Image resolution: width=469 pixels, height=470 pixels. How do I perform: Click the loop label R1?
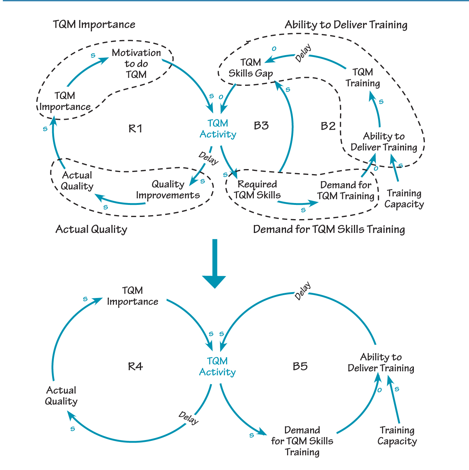[x=135, y=129]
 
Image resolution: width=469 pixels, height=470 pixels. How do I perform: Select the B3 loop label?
[x=261, y=126]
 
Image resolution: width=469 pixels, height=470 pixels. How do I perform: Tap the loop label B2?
[x=328, y=126]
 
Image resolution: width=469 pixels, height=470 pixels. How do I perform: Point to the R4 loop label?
[x=135, y=366]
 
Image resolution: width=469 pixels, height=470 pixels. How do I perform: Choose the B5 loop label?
[x=300, y=366]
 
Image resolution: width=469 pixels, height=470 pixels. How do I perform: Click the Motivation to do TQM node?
[x=136, y=64]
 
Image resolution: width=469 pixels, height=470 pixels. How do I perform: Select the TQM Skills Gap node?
[x=251, y=68]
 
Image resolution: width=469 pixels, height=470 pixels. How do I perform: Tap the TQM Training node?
[x=363, y=77]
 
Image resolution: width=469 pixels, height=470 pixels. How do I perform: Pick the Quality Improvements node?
[x=168, y=190]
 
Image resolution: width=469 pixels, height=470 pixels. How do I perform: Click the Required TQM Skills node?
[x=257, y=190]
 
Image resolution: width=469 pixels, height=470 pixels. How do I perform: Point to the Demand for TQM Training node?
[x=346, y=190]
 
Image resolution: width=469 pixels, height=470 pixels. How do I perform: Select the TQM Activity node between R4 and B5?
[x=217, y=366]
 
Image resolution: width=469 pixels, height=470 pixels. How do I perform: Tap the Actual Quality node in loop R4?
[x=61, y=396]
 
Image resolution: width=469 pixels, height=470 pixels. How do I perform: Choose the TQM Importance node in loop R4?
[x=132, y=296]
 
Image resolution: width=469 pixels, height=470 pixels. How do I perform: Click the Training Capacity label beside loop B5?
[x=397, y=436]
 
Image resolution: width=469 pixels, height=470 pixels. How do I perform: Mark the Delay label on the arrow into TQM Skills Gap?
[x=303, y=53]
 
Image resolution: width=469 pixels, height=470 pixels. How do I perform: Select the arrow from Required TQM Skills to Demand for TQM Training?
[x=298, y=203]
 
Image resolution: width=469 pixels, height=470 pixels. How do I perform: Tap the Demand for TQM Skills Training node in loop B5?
[x=302, y=441]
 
